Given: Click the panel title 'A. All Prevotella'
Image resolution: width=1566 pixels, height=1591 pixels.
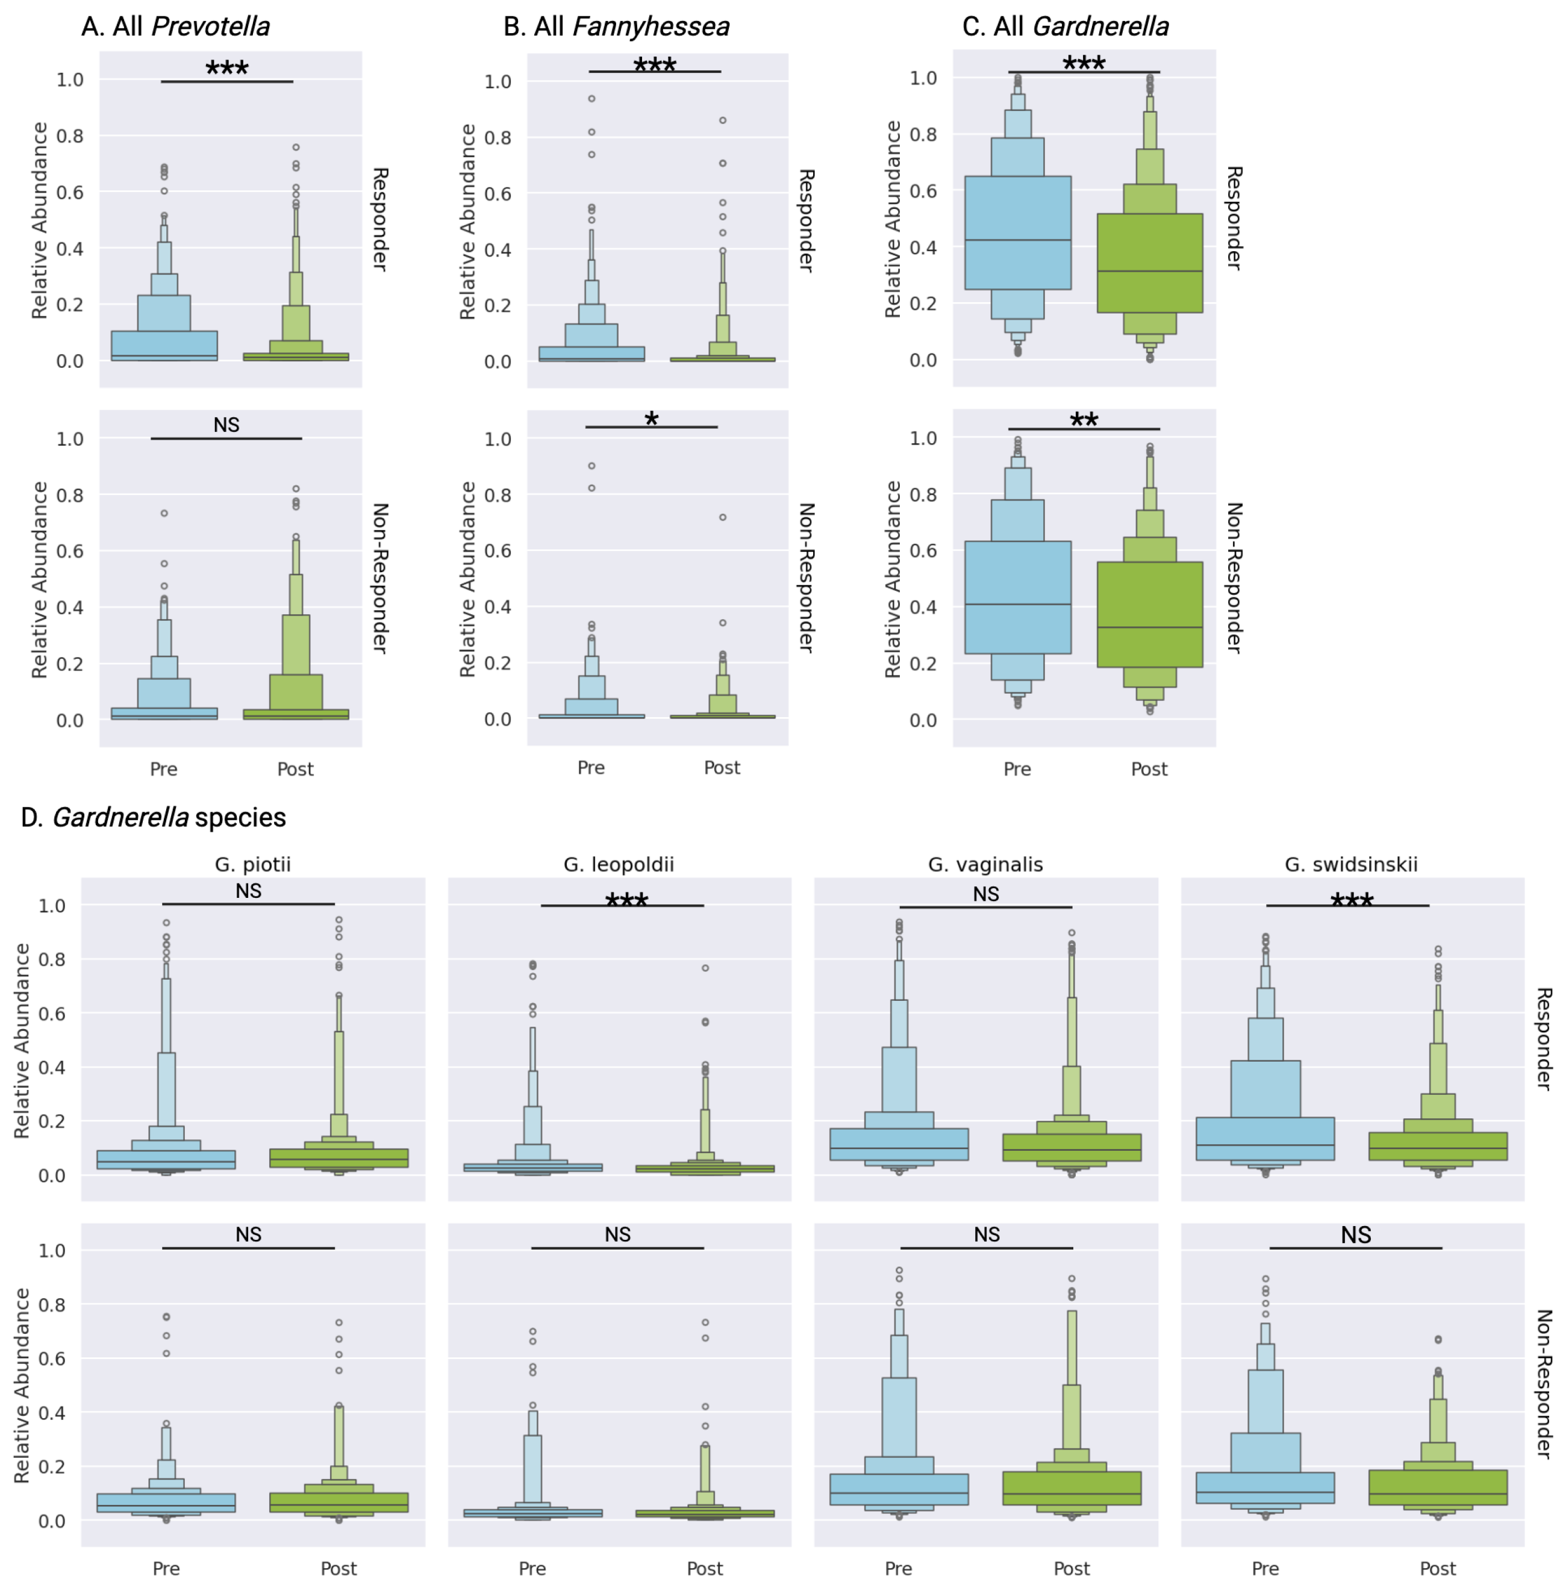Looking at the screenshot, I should (x=175, y=26).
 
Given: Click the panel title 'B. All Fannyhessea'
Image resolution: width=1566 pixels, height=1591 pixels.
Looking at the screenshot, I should (x=616, y=26).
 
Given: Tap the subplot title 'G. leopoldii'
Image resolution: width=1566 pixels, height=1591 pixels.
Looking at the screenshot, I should (x=619, y=864).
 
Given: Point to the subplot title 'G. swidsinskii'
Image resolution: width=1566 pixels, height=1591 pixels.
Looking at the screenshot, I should (x=1352, y=864).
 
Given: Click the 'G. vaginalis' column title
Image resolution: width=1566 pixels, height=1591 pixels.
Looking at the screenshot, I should (x=985, y=864).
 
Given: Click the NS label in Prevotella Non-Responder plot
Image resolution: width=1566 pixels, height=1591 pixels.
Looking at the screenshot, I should (x=226, y=425).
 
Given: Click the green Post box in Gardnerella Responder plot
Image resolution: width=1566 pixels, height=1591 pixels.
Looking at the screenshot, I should (x=1149, y=263).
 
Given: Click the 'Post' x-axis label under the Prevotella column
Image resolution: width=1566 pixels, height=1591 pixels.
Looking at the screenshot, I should (x=295, y=769).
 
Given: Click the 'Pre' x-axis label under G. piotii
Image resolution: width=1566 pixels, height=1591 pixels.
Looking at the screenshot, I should (x=166, y=1569).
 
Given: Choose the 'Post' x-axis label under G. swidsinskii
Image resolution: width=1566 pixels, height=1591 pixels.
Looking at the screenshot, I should (x=1438, y=1569).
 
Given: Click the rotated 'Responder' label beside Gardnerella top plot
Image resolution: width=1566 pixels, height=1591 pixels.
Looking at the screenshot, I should (x=1234, y=218).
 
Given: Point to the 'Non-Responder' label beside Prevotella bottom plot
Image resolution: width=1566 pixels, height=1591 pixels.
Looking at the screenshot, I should (x=380, y=578).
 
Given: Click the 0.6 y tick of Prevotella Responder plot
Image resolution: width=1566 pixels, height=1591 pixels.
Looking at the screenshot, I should (x=70, y=191).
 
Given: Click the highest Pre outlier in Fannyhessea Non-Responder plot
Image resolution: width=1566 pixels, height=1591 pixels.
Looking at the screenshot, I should (x=591, y=465).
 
